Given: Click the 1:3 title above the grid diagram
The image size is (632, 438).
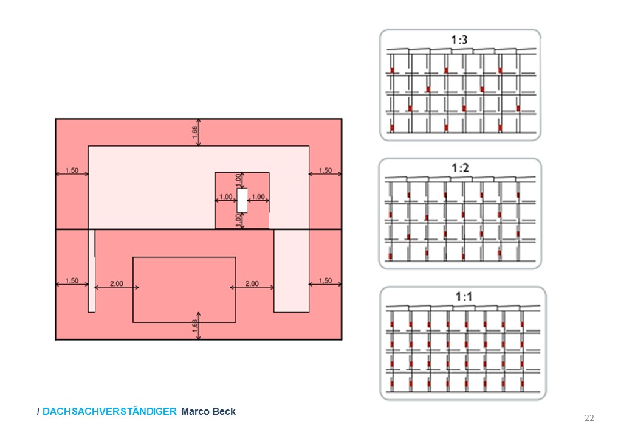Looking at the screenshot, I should (x=459, y=41).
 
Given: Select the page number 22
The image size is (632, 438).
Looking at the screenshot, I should (x=589, y=418).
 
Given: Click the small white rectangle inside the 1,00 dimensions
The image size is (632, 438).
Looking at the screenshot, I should (x=242, y=200).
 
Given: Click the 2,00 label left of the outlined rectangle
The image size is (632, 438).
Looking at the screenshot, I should (x=115, y=283).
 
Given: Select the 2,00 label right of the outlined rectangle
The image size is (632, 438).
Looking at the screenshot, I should (x=252, y=283).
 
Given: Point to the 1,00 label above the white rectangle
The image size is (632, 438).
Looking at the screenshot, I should (x=238, y=179).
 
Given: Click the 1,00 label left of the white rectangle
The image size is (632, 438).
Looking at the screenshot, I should (x=226, y=196).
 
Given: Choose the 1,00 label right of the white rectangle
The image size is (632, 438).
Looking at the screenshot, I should (x=258, y=196).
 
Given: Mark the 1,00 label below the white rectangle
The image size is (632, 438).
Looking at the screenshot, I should (x=238, y=220).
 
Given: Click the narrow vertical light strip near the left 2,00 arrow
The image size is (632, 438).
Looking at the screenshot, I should (x=92, y=271).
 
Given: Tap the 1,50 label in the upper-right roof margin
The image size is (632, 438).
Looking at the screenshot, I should (x=325, y=170).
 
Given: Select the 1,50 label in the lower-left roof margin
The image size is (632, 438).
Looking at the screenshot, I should (x=72, y=280).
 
